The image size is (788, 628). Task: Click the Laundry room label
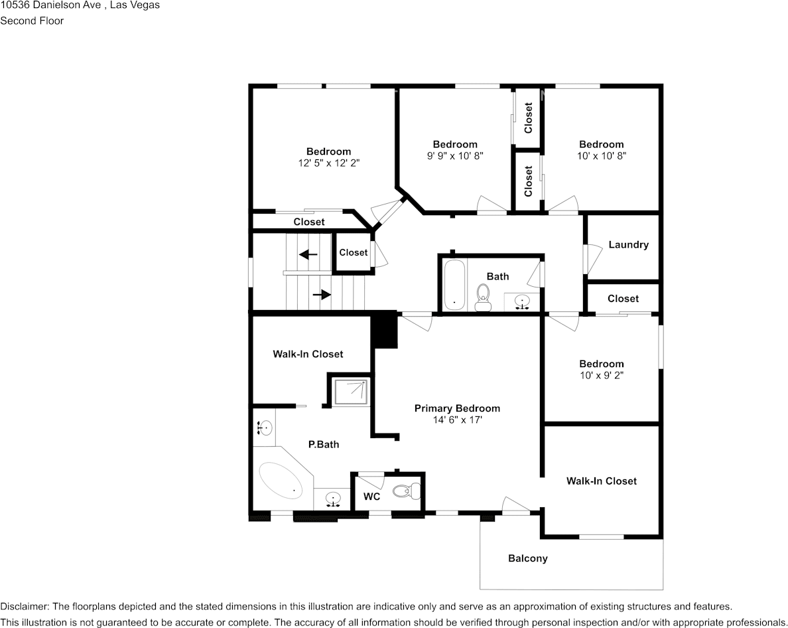click(628, 244)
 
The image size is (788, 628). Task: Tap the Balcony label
click(528, 558)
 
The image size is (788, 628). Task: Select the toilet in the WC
click(406, 491)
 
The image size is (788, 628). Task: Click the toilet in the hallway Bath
click(483, 296)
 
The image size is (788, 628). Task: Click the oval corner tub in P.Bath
click(280, 480)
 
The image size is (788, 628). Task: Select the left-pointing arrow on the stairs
click(308, 254)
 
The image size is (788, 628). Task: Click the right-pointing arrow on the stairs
click(322, 294)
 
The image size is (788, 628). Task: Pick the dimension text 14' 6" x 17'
click(457, 420)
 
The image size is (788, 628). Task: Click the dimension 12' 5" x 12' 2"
click(328, 163)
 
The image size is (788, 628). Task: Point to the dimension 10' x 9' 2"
click(601, 375)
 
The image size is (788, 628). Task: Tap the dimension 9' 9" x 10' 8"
click(455, 155)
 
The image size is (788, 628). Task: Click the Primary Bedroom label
click(457, 408)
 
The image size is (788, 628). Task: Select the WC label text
click(371, 497)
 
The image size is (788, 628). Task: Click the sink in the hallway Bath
click(523, 302)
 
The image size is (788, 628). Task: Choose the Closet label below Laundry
click(623, 299)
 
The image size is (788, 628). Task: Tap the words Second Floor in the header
click(32, 21)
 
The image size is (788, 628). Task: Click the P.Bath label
click(324, 444)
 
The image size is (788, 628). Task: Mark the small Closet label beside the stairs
click(353, 252)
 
